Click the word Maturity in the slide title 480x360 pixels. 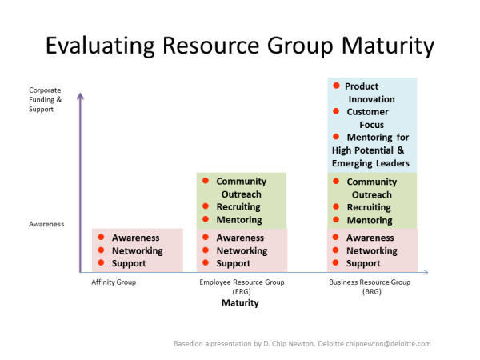click(386, 45)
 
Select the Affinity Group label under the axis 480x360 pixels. click(114, 282)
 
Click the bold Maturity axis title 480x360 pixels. click(240, 303)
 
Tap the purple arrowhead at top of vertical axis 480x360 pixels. click(80, 97)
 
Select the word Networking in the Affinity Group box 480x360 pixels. click(138, 250)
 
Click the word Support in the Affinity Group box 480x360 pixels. click(129, 263)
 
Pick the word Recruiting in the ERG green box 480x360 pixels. click(238, 207)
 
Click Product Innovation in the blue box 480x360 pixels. click(367, 93)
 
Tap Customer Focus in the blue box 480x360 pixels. click(367, 118)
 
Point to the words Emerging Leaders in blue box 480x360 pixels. click(370, 163)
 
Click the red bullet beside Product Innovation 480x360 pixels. click(337, 86)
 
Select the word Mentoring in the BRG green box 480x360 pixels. click(369, 220)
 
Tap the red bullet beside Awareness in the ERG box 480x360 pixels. click(206, 238)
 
